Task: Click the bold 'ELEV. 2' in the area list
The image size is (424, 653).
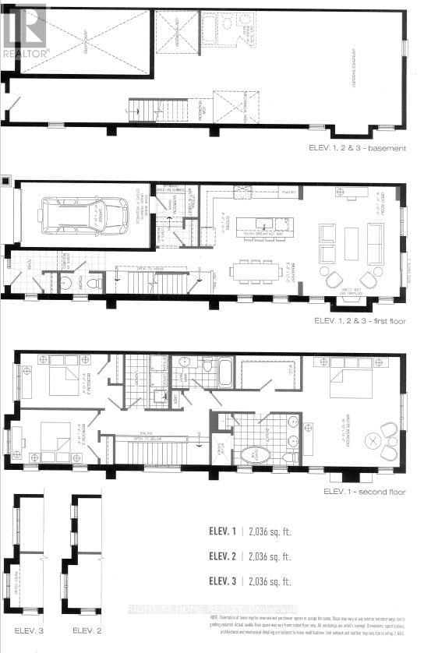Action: (x=222, y=556)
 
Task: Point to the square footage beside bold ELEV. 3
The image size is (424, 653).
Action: (x=267, y=581)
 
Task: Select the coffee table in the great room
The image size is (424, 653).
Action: (x=352, y=237)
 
